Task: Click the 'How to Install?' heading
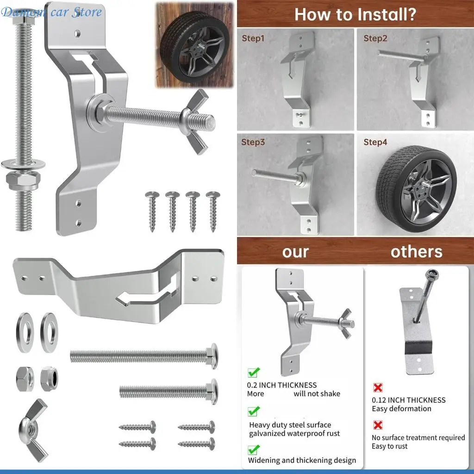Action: coord(355,14)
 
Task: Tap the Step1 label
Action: coord(253,38)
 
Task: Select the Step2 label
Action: coord(375,38)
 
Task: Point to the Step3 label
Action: coord(253,142)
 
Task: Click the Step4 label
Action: coord(375,142)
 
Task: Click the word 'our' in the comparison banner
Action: coord(295,252)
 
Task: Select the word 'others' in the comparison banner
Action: coord(416,252)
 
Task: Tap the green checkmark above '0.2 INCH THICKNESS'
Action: coord(254,372)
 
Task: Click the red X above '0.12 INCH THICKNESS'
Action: coord(378,387)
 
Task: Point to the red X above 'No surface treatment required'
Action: coord(378,425)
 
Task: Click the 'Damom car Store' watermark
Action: coord(51,12)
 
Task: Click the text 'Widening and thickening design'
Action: coord(302,460)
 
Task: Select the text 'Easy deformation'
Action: coord(401,409)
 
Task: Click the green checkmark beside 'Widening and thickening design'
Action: coord(254,449)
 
